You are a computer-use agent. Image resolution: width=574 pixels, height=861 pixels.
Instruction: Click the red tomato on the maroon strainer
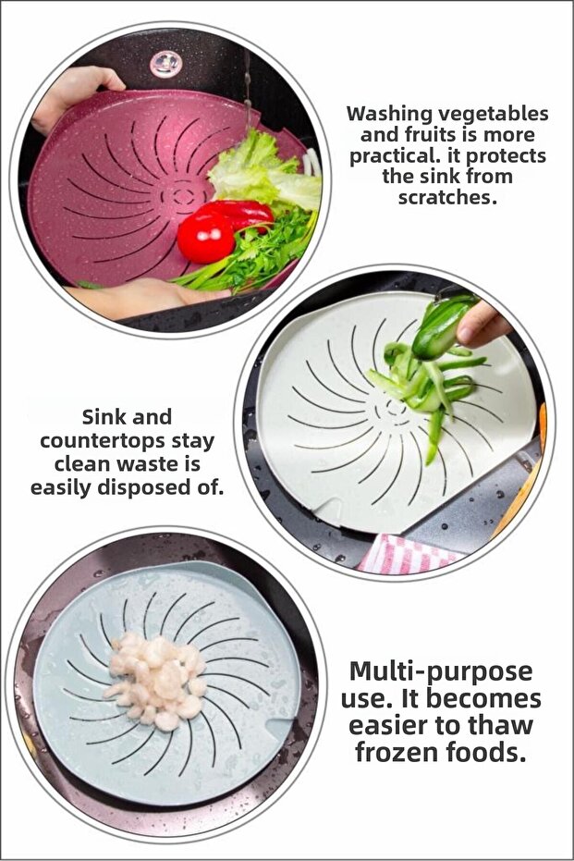206,237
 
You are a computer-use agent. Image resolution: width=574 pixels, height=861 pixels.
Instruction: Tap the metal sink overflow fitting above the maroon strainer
165,64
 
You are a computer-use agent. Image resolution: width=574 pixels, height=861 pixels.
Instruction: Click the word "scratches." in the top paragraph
447,197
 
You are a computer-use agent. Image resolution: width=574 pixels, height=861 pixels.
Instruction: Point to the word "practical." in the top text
397,156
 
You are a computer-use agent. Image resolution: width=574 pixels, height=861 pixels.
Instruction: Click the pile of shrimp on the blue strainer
156,681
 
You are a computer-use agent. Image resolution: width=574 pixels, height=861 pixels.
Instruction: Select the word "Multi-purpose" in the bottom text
441,671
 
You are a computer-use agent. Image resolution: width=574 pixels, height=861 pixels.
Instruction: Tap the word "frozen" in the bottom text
397,752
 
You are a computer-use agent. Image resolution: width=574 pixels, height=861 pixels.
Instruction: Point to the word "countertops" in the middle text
102,441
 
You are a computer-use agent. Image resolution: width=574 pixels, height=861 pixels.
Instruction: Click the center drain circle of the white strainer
394,408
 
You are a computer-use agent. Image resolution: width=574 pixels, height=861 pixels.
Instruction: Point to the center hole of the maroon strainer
182,195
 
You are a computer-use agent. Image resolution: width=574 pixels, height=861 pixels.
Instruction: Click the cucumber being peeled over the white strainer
442,326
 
